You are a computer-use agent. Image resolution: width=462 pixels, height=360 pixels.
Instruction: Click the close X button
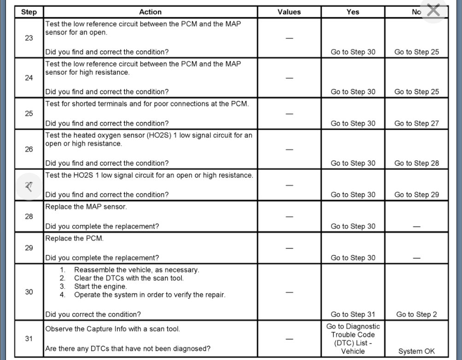[433, 10]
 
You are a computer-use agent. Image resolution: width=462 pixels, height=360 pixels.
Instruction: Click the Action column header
[151, 12]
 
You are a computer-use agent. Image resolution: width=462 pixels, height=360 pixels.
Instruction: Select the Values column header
[289, 12]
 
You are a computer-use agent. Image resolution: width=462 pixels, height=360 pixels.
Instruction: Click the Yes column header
[353, 12]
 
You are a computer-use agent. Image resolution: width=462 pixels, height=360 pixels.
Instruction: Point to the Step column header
[29, 12]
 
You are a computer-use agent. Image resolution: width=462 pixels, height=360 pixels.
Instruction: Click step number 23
[29, 38]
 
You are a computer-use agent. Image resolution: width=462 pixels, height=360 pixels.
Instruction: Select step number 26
[29, 149]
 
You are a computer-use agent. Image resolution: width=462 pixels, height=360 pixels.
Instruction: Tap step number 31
[29, 339]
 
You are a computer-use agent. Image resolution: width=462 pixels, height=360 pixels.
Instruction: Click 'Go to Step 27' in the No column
[416, 124]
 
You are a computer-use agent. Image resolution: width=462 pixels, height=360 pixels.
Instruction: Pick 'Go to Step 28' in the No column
[416, 163]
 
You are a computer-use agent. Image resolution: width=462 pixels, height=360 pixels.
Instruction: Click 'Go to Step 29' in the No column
[416, 195]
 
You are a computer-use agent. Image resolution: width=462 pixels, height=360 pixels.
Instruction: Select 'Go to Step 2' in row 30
[416, 314]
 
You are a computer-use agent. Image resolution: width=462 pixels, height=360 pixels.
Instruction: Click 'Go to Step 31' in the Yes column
[353, 314]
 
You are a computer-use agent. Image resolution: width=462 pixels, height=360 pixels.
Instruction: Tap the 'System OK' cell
[416, 351]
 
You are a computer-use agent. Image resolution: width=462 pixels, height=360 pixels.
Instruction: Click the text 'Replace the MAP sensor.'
[86, 207]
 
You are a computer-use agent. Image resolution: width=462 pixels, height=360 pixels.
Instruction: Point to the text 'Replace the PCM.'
[74, 239]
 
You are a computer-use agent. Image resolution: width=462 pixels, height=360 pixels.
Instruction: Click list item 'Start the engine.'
[100, 286]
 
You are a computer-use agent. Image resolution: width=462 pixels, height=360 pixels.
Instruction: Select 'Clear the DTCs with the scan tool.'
[129, 278]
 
